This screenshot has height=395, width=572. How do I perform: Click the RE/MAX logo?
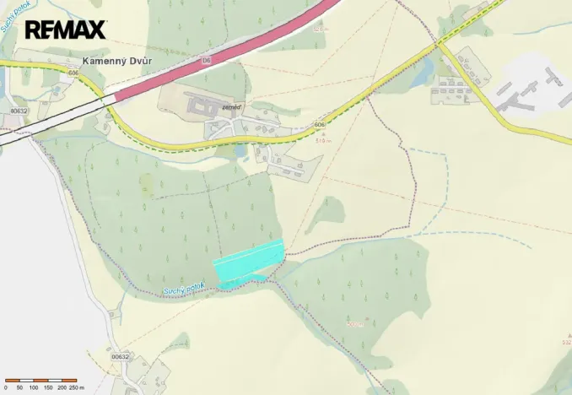(x=65, y=30)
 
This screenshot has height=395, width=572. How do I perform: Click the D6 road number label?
(x=207, y=62)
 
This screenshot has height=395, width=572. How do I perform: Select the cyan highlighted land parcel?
(x=249, y=262)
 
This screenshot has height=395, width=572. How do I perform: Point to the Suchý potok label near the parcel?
(x=183, y=289)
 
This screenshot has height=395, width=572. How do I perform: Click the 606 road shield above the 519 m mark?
(x=319, y=125)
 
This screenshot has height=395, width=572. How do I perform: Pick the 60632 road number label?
(x=19, y=111)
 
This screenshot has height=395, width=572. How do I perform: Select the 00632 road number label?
(x=120, y=356)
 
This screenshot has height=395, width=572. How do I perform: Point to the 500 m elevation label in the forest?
(x=354, y=323)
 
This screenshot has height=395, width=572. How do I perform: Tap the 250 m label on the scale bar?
(x=73, y=387)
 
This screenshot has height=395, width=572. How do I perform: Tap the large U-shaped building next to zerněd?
(x=199, y=105)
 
